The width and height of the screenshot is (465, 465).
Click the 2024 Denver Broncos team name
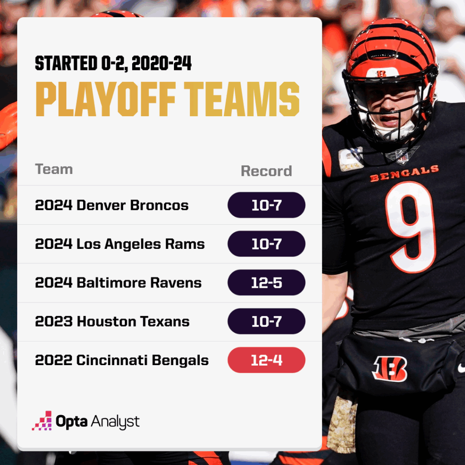click(112, 205)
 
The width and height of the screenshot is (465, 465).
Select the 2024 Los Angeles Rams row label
click(120, 244)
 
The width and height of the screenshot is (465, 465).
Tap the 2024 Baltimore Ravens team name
click(118, 283)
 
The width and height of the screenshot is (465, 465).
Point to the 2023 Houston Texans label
click(112, 322)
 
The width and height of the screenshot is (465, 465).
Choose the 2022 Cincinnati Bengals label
click(122, 361)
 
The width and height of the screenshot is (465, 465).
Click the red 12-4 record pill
click(267, 361)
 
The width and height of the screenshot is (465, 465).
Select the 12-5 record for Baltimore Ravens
click(267, 283)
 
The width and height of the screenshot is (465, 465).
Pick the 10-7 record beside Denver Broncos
click(267, 205)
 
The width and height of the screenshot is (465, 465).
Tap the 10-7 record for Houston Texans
click(267, 322)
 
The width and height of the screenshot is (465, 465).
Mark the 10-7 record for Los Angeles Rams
click(267, 244)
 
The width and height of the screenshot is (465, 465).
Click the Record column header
click(266, 171)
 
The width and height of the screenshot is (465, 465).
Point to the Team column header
click(54, 169)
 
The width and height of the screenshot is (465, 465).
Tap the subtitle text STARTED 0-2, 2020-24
click(113, 64)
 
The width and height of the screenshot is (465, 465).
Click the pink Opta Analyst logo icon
click(42, 421)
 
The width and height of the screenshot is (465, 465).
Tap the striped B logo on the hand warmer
click(390, 368)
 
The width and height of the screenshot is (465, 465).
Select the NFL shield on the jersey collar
click(402, 156)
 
